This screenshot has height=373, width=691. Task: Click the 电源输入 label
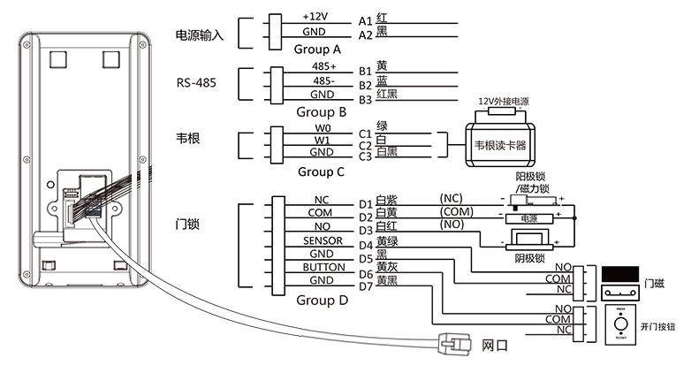201,35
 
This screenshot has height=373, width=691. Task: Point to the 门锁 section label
186,225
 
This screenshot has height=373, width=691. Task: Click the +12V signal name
315,18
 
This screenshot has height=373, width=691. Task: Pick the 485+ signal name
322,66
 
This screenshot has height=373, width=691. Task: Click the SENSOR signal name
323,240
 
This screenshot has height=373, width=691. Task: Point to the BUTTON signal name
323,267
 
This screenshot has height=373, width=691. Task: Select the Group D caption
321,301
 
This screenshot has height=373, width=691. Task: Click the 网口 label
495,346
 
